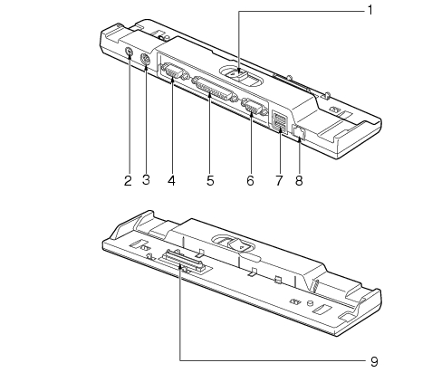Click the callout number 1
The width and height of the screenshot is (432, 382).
370,11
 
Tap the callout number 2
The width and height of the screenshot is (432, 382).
128,181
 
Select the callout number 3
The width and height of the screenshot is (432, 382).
146,180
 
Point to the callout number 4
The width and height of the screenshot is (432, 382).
171,181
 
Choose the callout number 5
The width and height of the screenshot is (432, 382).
210,181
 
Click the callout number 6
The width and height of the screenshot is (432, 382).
250,181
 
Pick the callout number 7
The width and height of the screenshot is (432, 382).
279,181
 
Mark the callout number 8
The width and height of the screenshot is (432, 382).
299,181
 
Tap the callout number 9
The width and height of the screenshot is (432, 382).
374,361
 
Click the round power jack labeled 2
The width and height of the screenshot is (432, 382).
129,52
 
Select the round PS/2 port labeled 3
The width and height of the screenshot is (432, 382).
145,60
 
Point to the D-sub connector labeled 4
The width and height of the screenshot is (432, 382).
173,72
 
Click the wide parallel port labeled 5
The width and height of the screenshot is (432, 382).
214,89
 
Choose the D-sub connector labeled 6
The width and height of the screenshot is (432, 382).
254,107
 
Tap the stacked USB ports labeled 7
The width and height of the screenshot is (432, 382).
280,121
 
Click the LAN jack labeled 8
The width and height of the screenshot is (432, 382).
299,132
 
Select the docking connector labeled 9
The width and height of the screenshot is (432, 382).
183,262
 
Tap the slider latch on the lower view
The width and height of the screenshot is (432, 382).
239,245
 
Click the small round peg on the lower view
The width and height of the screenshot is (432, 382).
310,302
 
